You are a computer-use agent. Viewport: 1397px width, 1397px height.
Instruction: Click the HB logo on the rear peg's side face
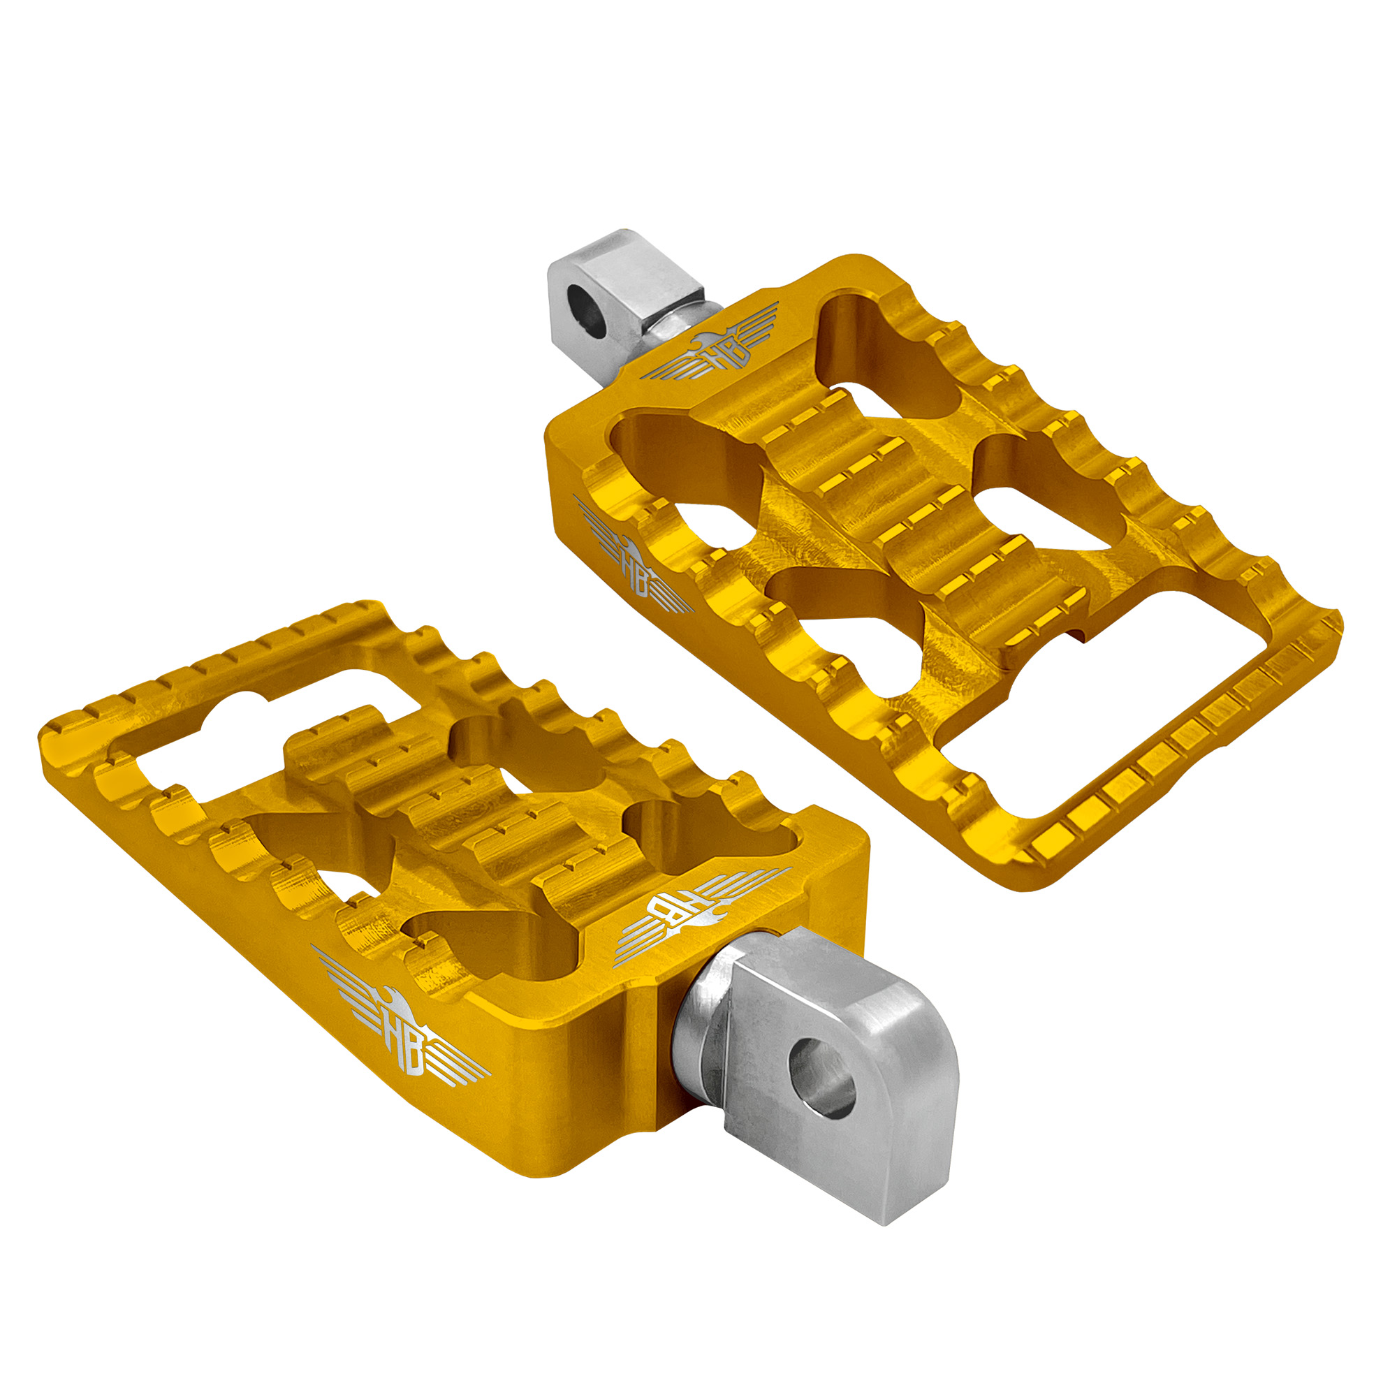pyautogui.click(x=631, y=557)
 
